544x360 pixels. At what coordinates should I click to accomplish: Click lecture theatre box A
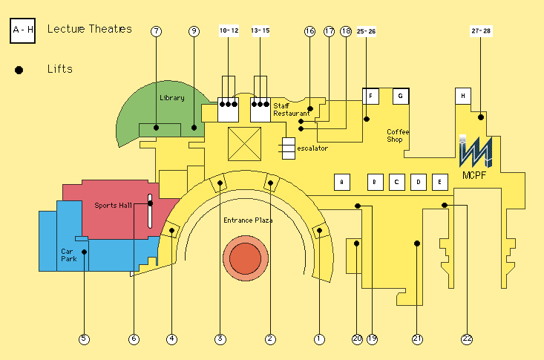tap(341, 182)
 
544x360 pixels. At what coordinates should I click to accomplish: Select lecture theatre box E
tap(439, 182)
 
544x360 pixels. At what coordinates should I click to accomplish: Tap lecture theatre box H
tap(463, 96)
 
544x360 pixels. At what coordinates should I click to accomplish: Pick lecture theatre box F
tap(370, 96)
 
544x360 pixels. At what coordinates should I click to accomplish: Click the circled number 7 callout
tap(156, 31)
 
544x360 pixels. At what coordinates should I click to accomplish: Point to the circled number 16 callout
tap(309, 31)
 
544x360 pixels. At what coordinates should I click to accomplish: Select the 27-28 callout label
tap(481, 31)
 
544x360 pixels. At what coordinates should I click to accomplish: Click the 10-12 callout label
tap(229, 30)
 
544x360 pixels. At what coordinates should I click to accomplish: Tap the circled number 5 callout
tap(84, 338)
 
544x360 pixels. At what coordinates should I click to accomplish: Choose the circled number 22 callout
tap(467, 338)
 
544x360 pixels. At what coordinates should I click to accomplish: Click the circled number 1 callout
tap(319, 338)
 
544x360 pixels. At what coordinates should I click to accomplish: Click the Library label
tap(172, 98)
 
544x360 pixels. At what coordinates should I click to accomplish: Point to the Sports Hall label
tap(113, 205)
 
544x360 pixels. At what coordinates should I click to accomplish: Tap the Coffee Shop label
tap(398, 135)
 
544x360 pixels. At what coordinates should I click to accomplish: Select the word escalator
tap(312, 148)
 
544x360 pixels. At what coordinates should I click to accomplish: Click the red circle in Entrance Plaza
tap(246, 258)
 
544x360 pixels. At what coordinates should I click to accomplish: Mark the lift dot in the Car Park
tap(84, 252)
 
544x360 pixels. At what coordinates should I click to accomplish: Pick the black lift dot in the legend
tap(19, 70)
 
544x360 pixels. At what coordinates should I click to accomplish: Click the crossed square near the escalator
tap(245, 144)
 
